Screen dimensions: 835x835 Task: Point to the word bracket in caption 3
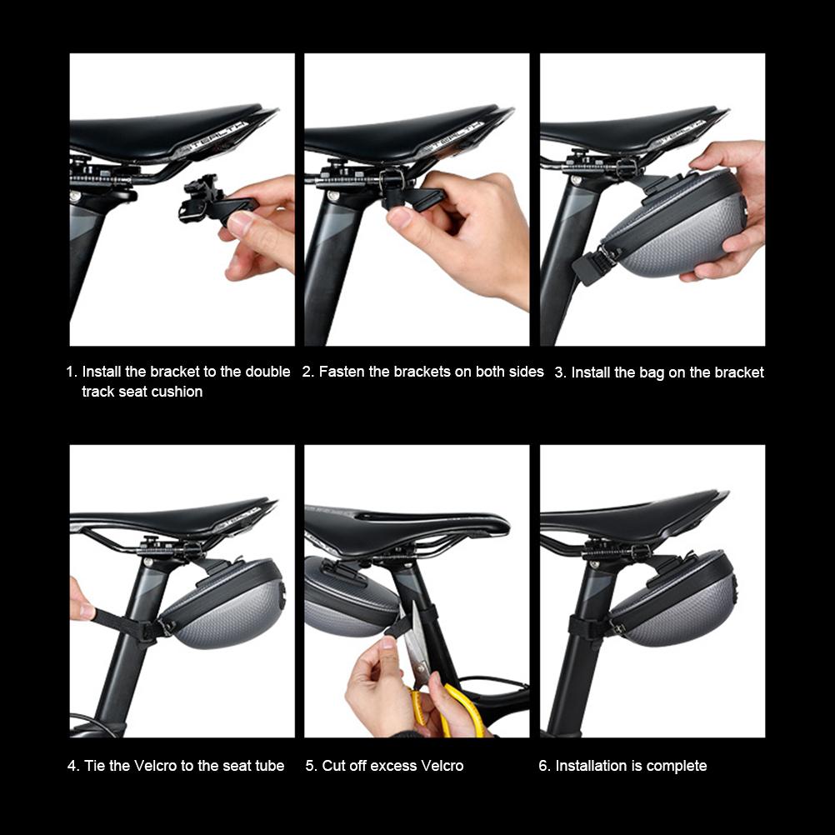[736, 372]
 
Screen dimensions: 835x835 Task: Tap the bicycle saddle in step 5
[408, 528]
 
